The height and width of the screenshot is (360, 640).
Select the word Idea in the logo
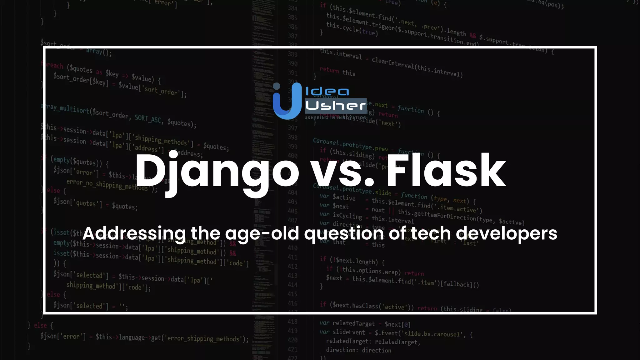click(x=327, y=92)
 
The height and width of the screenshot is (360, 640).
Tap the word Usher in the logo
click(x=335, y=106)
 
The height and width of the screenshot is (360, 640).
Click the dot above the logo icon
click(x=277, y=86)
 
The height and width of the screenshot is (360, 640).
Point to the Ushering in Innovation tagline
click(x=336, y=118)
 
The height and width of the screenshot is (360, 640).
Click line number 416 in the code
click(x=292, y=303)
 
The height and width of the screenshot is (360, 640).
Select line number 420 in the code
click(x=292, y=340)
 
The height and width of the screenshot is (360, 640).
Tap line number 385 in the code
click(x=292, y=17)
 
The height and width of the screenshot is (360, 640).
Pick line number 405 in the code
click(x=292, y=202)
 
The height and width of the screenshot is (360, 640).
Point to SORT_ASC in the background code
click(x=148, y=119)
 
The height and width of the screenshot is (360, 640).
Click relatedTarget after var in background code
click(x=353, y=323)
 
